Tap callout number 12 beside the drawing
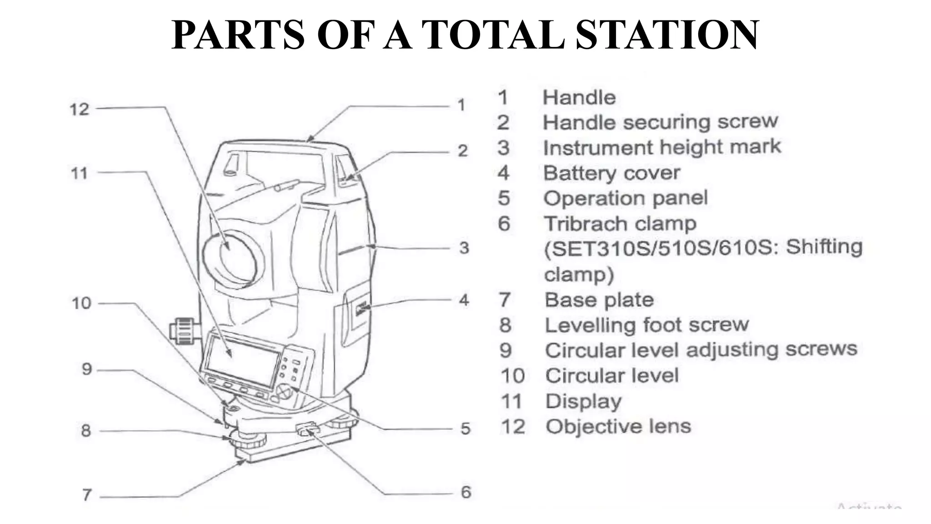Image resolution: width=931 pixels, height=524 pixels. pos(79,109)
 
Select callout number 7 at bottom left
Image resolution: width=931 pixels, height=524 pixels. pos(87,494)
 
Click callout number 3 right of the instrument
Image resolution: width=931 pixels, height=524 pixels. pos(464,248)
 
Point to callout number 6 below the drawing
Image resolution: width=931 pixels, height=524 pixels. pos(466,492)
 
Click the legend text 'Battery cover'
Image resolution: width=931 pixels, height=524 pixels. pos(611,173)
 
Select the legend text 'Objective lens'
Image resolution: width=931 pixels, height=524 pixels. pos(618,427)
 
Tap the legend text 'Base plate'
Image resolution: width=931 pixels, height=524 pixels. pos(599,300)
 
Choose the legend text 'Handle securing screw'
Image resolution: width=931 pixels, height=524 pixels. pos(660,122)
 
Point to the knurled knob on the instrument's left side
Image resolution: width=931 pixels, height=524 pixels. pos(184,331)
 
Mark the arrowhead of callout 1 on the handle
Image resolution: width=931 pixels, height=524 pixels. pos(309,139)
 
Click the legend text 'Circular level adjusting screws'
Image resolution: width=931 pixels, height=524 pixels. pos(701,350)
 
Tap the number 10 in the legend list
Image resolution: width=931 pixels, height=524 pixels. pos(513,376)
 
